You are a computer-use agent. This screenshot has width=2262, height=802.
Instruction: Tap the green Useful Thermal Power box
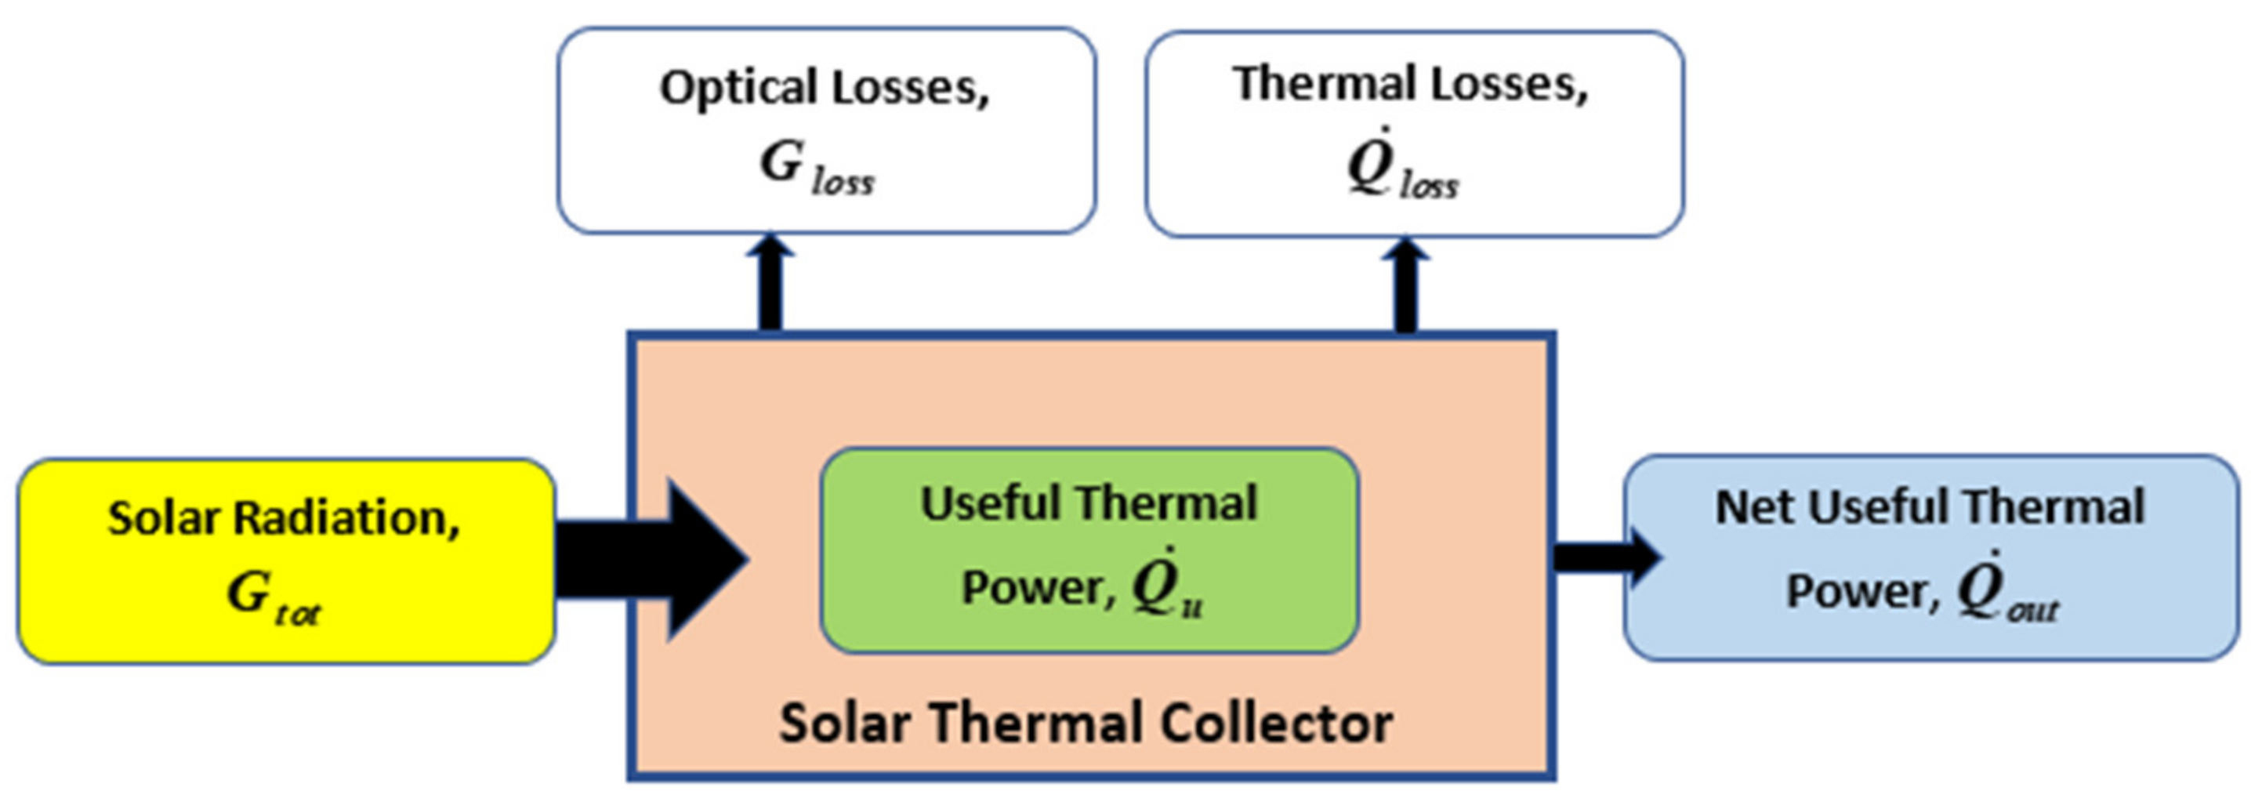[x=1089, y=551]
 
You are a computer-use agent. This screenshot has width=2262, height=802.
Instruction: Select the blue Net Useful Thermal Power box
[x=1930, y=557]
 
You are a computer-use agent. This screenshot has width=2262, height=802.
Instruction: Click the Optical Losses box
[x=825, y=130]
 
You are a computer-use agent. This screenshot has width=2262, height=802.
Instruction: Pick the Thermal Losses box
[x=1414, y=133]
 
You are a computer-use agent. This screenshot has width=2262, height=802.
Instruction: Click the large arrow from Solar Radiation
[x=654, y=560]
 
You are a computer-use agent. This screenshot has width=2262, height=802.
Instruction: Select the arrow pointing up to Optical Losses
[x=770, y=283]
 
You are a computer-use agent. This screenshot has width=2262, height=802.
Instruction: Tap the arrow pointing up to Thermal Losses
[x=1406, y=285]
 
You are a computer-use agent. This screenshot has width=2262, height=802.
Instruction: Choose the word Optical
[x=738, y=88]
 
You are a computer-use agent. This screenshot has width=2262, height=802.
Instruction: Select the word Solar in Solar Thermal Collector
[x=844, y=724]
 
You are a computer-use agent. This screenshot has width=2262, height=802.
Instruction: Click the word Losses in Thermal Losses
[x=1510, y=85]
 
